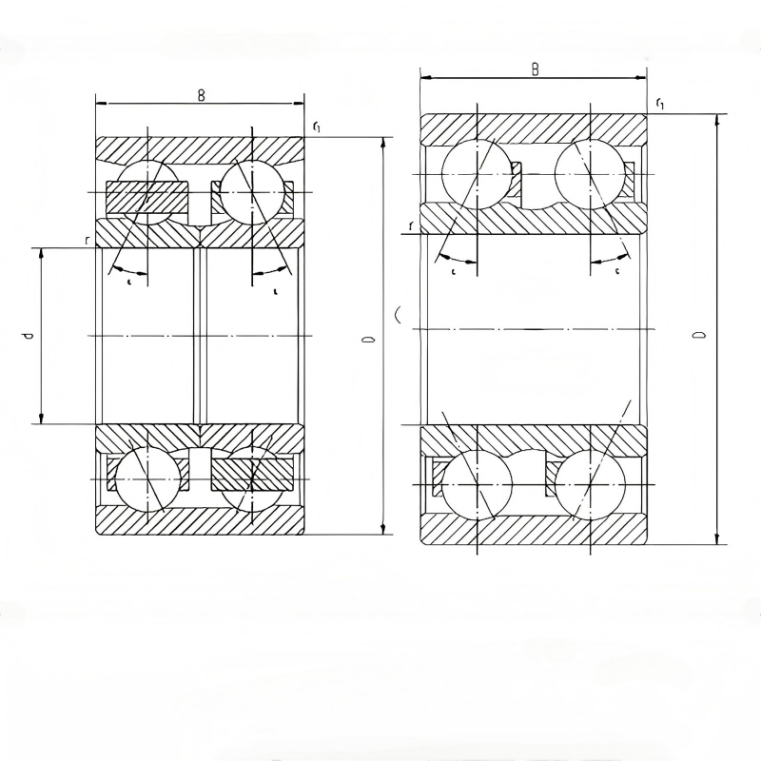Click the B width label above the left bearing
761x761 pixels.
(201, 94)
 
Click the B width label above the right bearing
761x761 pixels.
(536, 69)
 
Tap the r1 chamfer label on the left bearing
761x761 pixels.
(316, 127)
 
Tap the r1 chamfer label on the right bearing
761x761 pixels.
(659, 103)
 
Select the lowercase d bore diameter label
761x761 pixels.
(29, 336)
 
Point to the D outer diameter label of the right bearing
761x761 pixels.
(699, 335)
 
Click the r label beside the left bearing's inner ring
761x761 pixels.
(87, 242)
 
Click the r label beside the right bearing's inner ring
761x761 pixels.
(410, 225)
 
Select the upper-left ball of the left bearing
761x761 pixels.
(146, 191)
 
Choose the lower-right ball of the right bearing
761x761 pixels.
(589, 483)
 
